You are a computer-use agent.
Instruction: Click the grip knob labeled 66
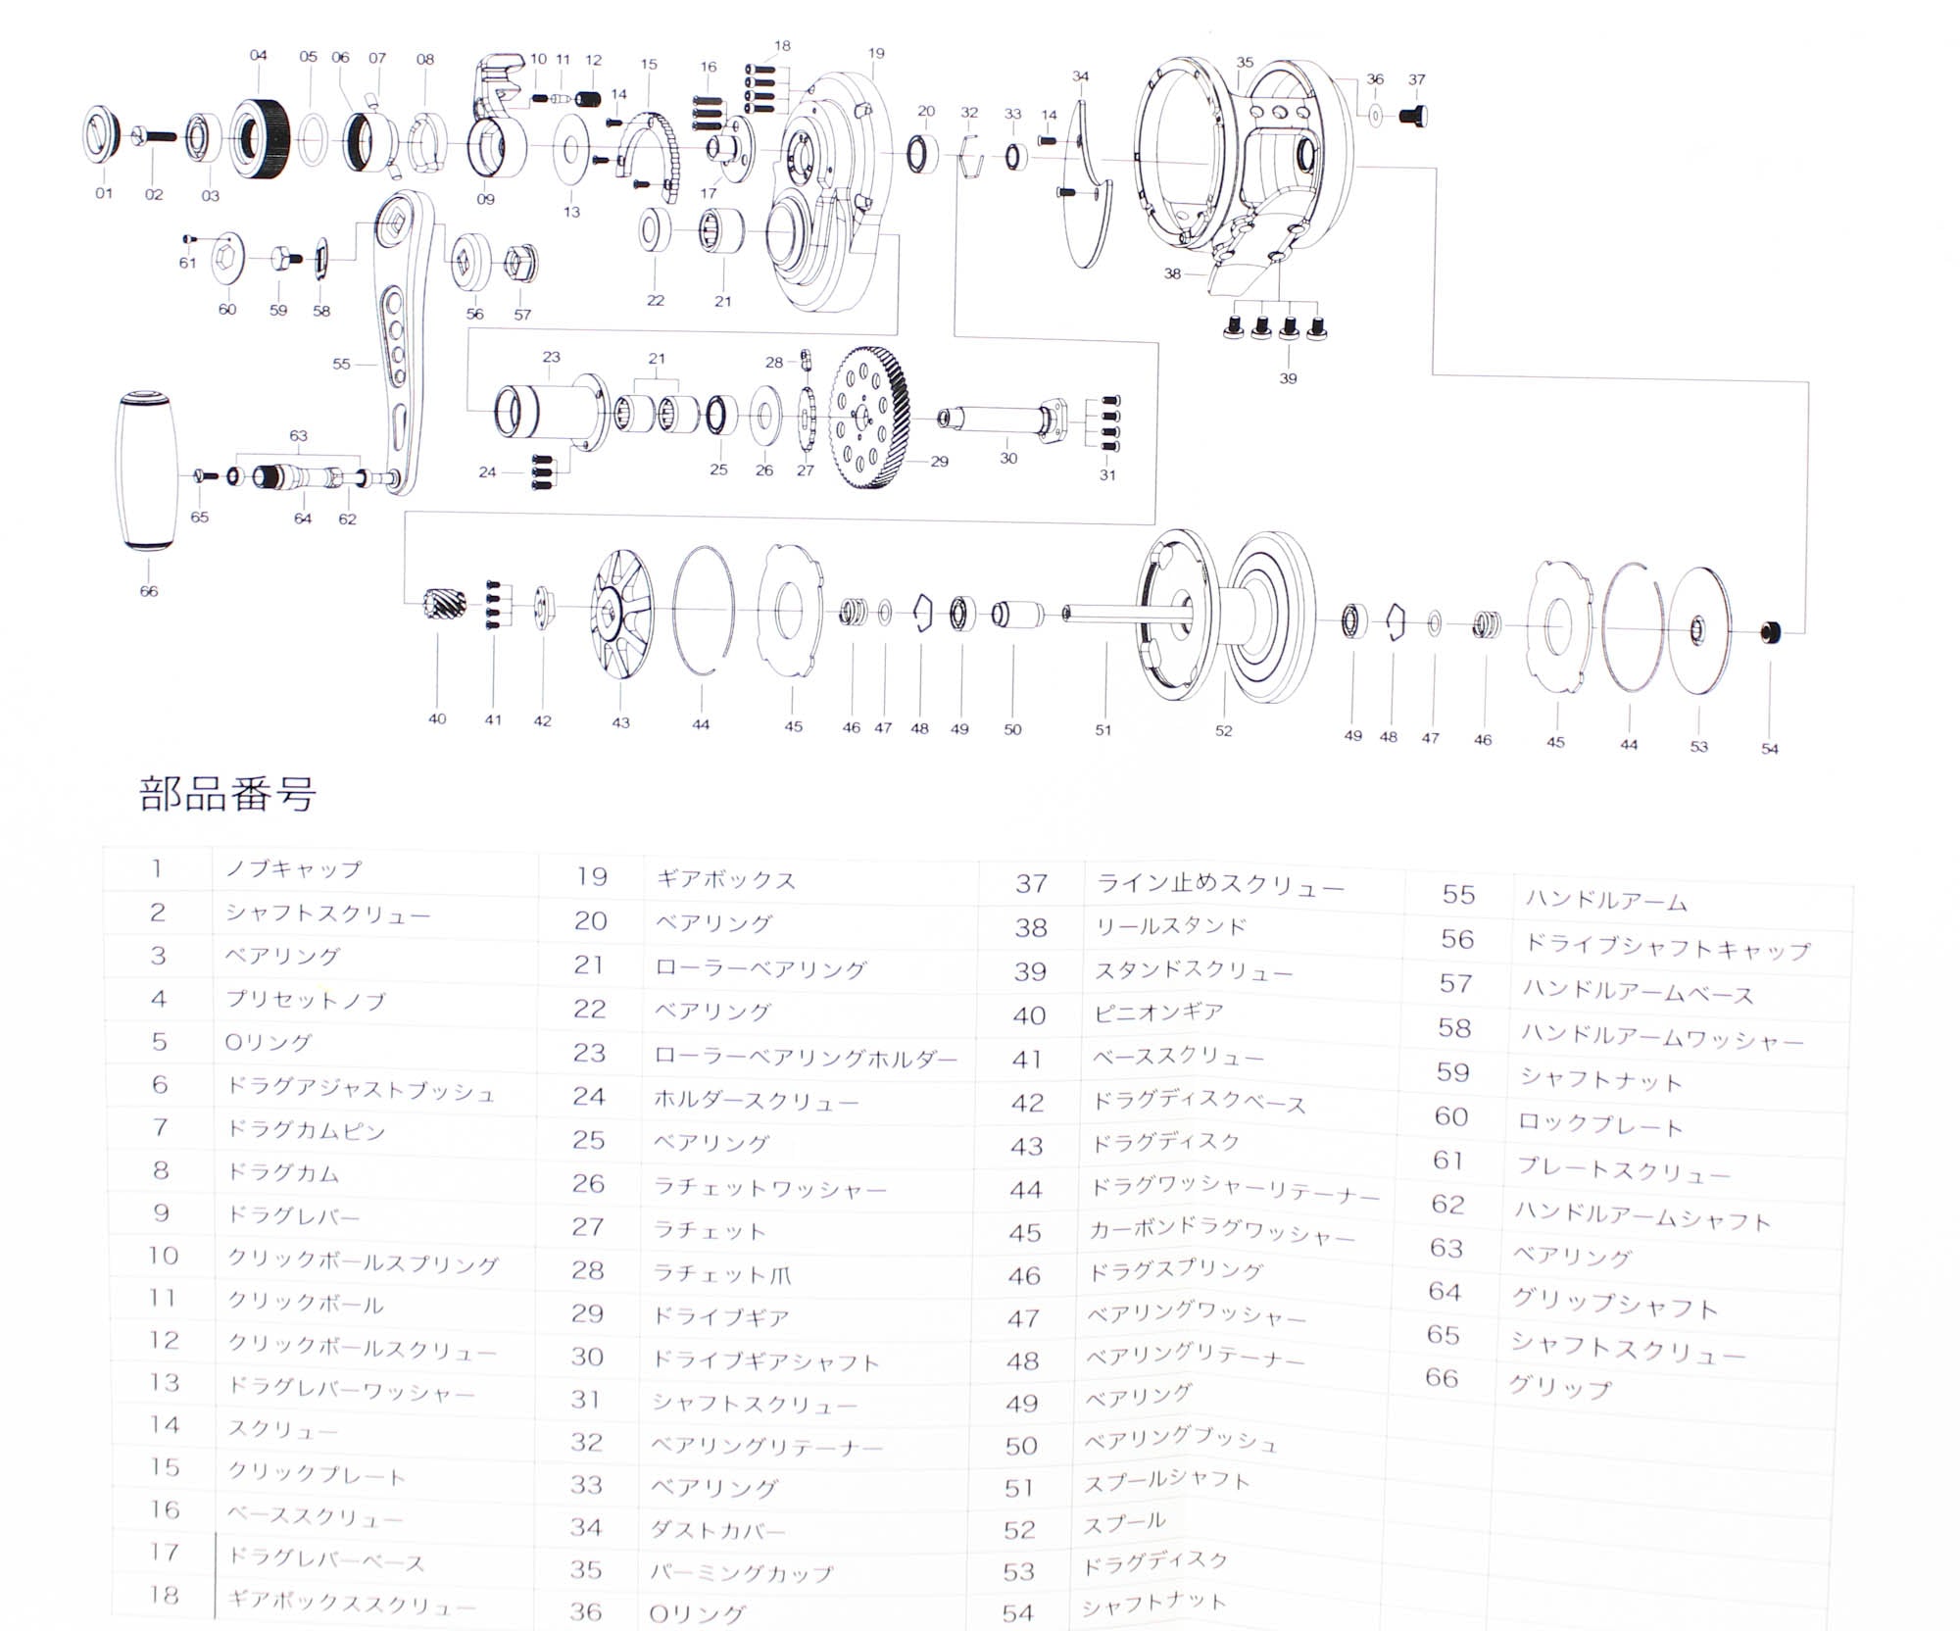148,471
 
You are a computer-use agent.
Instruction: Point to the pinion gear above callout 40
436,609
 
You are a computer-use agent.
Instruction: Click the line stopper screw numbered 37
1414,116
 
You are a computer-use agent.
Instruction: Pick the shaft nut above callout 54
1770,632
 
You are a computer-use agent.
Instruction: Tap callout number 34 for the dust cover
1080,75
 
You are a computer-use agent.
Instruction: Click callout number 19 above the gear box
876,53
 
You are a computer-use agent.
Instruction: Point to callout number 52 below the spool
1223,730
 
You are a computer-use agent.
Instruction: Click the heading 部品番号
227,794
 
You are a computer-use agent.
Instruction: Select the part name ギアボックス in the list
725,880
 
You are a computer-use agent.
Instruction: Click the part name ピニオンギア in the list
1158,1013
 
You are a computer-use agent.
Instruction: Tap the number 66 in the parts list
1442,1378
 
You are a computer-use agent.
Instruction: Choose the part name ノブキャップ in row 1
293,869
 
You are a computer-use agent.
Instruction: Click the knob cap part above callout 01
101,135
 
